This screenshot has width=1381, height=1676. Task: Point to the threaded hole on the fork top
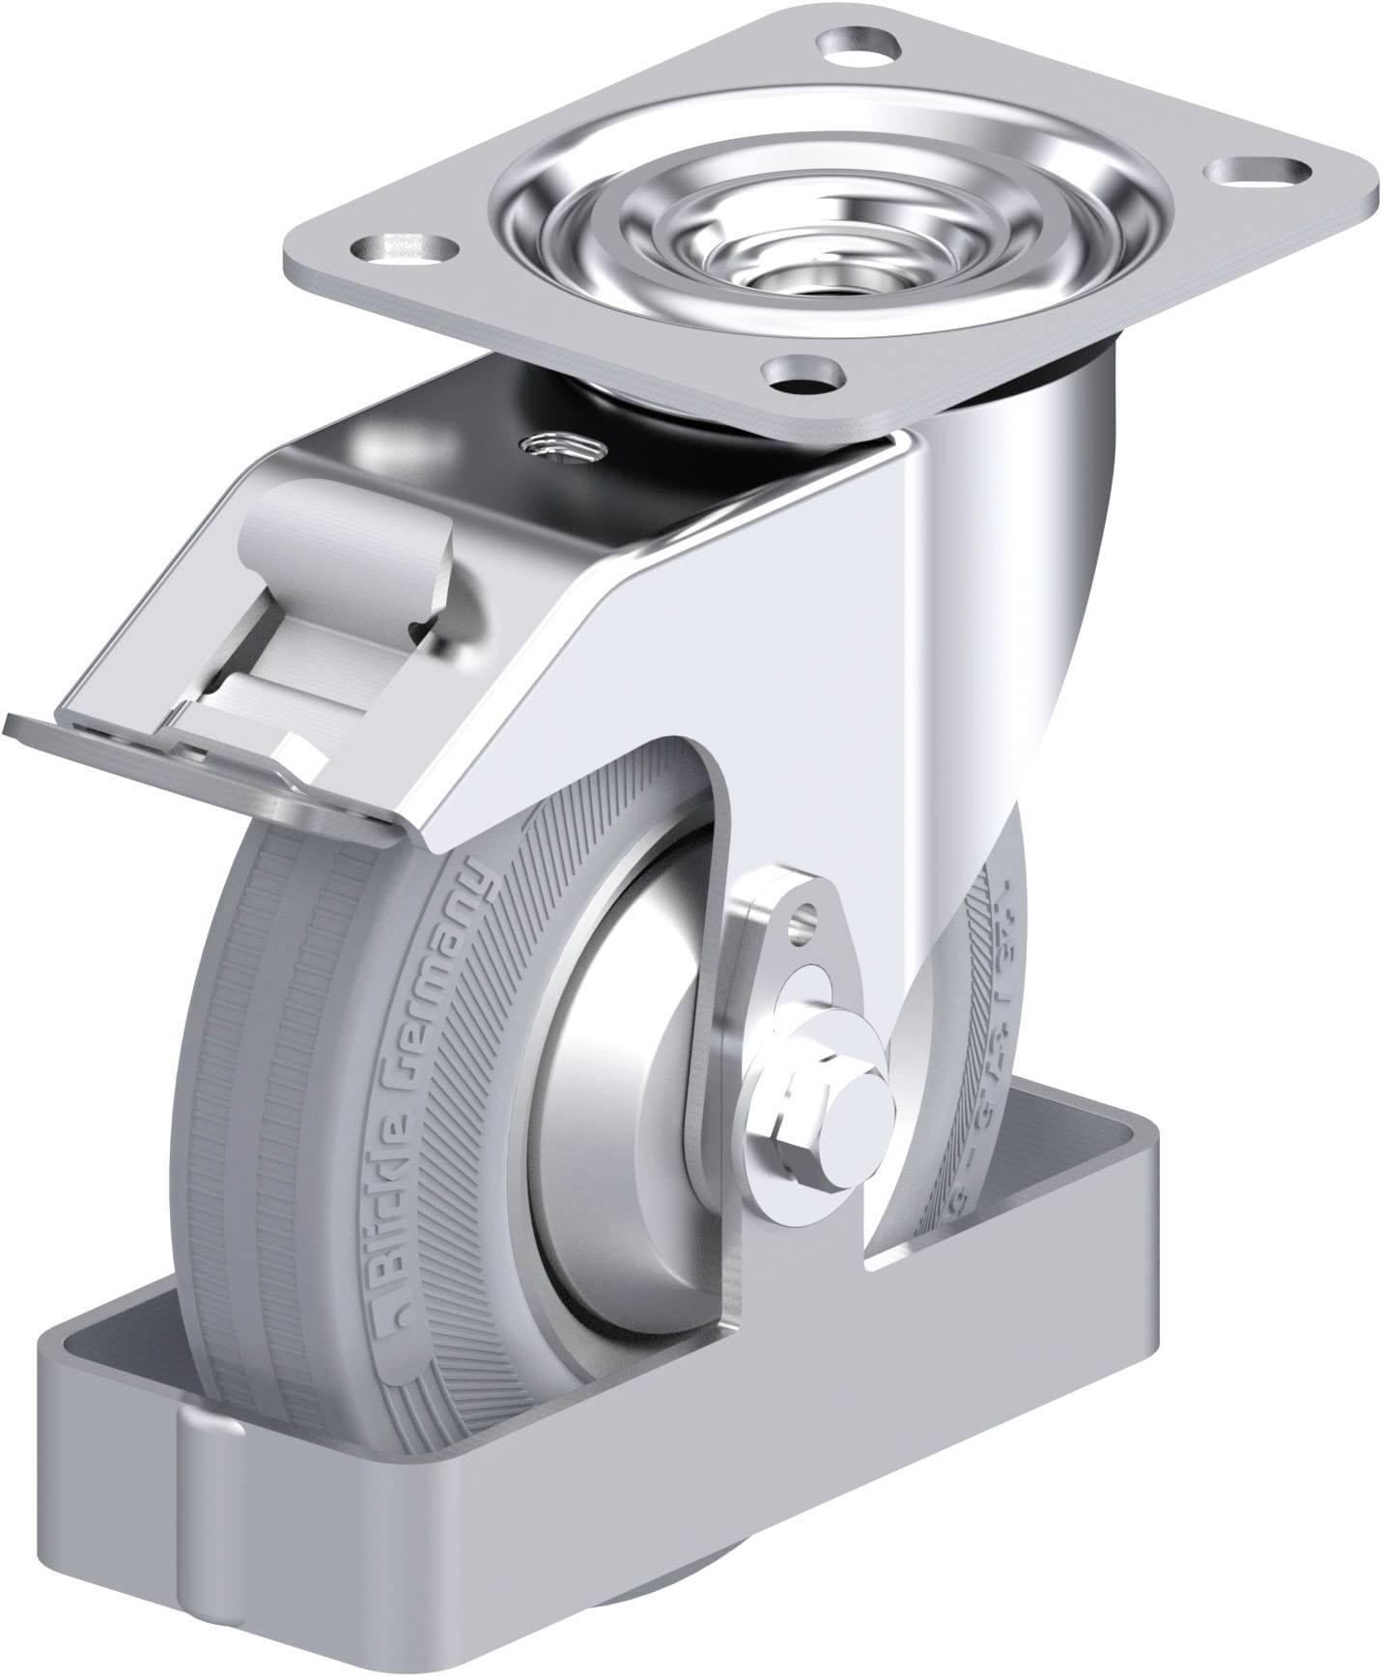(x=560, y=446)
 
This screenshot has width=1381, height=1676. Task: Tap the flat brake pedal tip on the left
(x=58, y=734)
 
